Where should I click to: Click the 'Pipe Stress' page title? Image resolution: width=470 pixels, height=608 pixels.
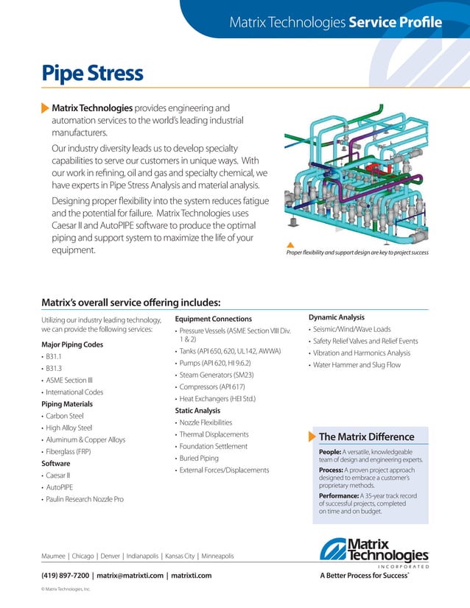pos(92,74)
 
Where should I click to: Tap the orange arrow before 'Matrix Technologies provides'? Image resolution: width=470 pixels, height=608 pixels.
pos(45,108)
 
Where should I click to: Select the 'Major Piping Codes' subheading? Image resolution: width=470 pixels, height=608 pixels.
pos(72,344)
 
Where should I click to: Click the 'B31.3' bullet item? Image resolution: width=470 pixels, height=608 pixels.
pos(54,368)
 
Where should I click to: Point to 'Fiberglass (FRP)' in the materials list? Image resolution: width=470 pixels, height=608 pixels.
pos(69,451)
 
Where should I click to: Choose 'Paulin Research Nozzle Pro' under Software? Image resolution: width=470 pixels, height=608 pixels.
pos(85,499)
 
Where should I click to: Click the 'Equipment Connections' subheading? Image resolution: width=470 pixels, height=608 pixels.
pos(213,319)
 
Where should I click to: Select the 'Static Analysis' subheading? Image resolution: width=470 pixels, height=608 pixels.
pos(197,410)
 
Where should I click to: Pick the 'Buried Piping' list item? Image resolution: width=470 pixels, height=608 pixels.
pos(198,458)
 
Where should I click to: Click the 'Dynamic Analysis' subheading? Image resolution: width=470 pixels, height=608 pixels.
pos(336,317)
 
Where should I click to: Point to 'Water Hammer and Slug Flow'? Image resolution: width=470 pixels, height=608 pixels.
pos(357,364)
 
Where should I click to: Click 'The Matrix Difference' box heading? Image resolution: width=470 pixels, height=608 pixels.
pos(366,437)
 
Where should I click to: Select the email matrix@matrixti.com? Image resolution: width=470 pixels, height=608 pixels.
pos(130,575)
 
